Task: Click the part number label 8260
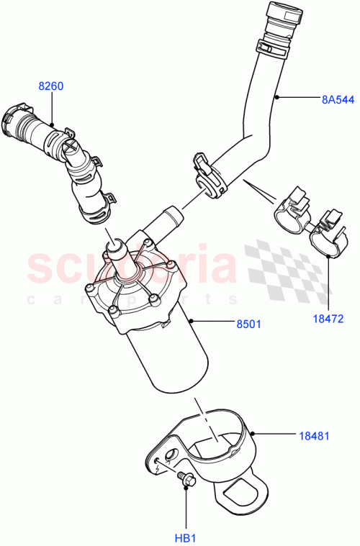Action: coord(50,86)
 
